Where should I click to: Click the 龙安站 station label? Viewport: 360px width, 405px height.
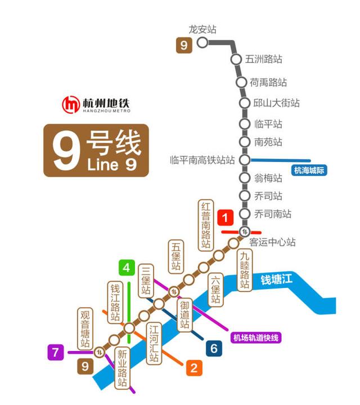pyautogui.click(x=203, y=30)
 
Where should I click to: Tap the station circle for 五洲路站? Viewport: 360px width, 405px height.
pyautogui.click(x=236, y=59)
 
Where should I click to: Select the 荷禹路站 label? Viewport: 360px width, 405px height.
pyautogui.click(x=268, y=82)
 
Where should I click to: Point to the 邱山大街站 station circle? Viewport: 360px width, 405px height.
pyautogui.click(x=244, y=103)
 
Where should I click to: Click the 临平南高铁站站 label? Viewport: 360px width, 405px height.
pyautogui.click(x=202, y=160)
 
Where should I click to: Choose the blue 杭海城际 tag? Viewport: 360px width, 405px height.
pyautogui.click(x=310, y=170)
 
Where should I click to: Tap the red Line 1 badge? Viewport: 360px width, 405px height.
pyautogui.click(x=226, y=217)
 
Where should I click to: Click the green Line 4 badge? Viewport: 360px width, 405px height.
pyautogui.click(x=127, y=268)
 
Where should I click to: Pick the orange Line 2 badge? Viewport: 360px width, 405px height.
pyautogui.click(x=194, y=368)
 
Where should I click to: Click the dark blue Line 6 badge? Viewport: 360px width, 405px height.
pyautogui.click(x=214, y=349)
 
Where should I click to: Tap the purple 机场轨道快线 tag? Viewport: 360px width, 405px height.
pyautogui.click(x=256, y=337)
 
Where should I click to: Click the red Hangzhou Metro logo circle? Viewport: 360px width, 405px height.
pyautogui.click(x=71, y=105)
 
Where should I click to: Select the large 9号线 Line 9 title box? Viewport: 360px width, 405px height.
pyautogui.click(x=96, y=150)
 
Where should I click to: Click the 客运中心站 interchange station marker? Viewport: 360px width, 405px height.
pyautogui.click(x=244, y=231)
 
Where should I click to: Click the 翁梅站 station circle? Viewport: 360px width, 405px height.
pyautogui.click(x=244, y=178)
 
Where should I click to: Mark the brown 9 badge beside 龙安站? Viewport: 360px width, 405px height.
pyautogui.click(x=183, y=44)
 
